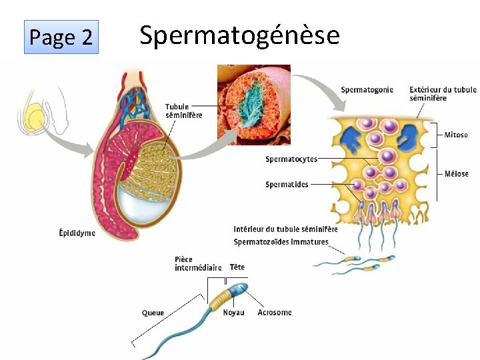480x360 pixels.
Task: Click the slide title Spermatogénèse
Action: pos(239,35)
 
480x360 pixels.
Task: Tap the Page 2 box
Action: pos(61,37)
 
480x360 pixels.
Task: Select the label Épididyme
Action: pos(77,233)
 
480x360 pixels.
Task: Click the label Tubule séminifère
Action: pos(183,111)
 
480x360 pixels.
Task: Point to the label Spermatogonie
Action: pos(367,90)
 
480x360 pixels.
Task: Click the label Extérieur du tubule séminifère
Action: pos(443,94)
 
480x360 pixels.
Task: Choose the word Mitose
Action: pos(456,135)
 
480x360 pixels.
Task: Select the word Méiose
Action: pos(456,174)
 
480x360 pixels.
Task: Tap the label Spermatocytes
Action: pos(291,159)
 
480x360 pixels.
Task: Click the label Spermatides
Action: pos(287,185)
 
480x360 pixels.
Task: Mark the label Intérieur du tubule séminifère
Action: pos(285,229)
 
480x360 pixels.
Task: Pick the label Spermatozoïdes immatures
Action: pos(281,241)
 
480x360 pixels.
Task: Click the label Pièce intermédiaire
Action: pos(198,264)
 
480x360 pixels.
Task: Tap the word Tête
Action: pos(237,267)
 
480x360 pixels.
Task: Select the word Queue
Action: pos(153,313)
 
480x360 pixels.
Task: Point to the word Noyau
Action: pos(233,313)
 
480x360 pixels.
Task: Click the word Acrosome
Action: pos(275,313)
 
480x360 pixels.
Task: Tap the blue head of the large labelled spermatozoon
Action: pos(239,289)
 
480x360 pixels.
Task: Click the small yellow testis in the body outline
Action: pos(35,118)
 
